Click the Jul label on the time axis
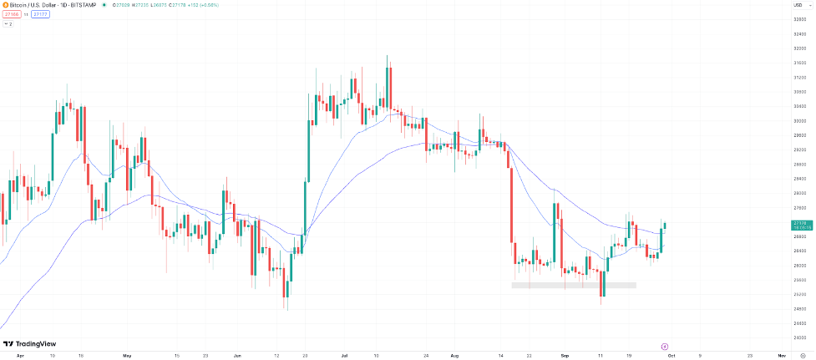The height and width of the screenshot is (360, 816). coord(345,355)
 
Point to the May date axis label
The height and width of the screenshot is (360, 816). coord(127,355)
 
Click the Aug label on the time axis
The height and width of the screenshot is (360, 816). coord(454,355)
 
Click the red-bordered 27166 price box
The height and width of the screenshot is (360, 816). coord(9,14)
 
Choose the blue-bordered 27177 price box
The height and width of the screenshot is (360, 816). coord(39,14)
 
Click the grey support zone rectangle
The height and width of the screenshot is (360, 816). coord(574,286)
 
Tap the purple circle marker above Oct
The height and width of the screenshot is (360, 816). coord(664,346)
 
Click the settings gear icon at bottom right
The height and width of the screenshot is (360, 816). coord(802,355)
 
